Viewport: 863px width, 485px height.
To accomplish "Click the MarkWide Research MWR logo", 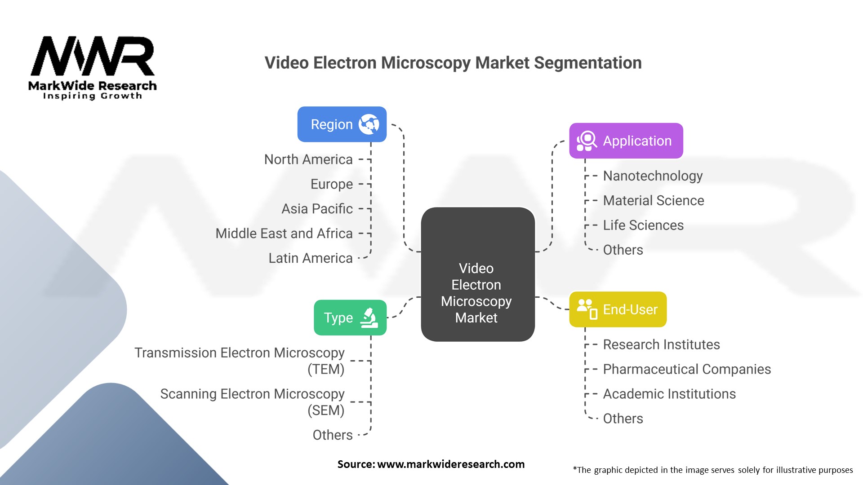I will click(93, 67).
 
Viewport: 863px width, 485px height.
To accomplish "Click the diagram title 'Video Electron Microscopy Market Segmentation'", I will click(453, 63).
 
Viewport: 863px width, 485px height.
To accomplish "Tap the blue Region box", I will click(342, 124).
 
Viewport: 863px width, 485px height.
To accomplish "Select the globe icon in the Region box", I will click(369, 124).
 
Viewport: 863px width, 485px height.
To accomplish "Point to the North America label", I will click(308, 159).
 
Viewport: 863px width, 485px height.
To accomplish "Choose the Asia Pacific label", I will click(317, 209).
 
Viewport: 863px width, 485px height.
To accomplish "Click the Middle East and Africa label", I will click(284, 234).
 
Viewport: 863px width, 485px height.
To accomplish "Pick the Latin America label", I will click(311, 258).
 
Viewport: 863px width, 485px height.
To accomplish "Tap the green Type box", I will click(350, 317).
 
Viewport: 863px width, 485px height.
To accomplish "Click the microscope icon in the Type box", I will click(369, 317).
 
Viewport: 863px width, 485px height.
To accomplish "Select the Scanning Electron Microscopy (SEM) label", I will click(253, 402).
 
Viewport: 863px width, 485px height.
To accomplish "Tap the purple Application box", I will click(626, 141).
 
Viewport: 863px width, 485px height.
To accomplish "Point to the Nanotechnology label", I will click(653, 176).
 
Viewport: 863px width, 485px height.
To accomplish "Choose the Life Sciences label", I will click(643, 225).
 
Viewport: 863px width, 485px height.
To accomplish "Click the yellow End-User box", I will click(618, 309).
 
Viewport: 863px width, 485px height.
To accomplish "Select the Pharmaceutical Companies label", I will click(687, 369).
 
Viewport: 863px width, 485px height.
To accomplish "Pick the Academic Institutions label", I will click(669, 394).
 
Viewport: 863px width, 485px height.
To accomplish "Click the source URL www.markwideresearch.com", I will click(451, 464).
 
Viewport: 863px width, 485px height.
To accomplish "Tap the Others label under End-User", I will click(623, 419).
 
